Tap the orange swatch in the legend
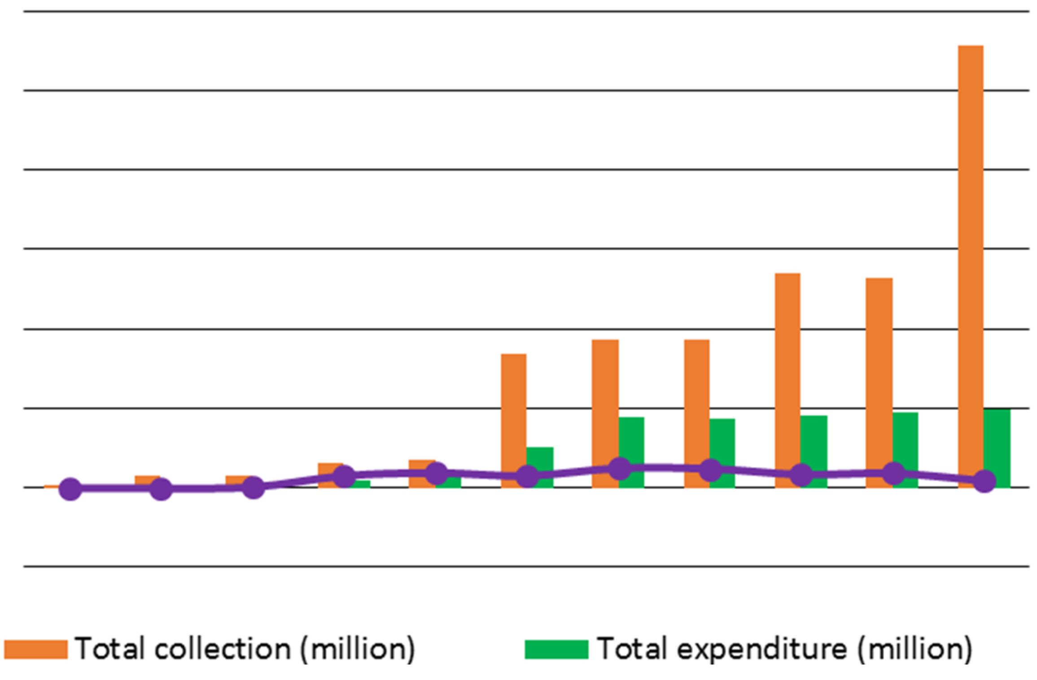point(36,649)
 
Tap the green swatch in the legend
point(556,649)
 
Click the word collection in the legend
point(223,649)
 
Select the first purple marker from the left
point(70,488)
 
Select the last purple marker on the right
point(984,481)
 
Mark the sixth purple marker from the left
point(527,476)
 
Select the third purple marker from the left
point(253,487)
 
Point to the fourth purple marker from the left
point(345,476)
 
